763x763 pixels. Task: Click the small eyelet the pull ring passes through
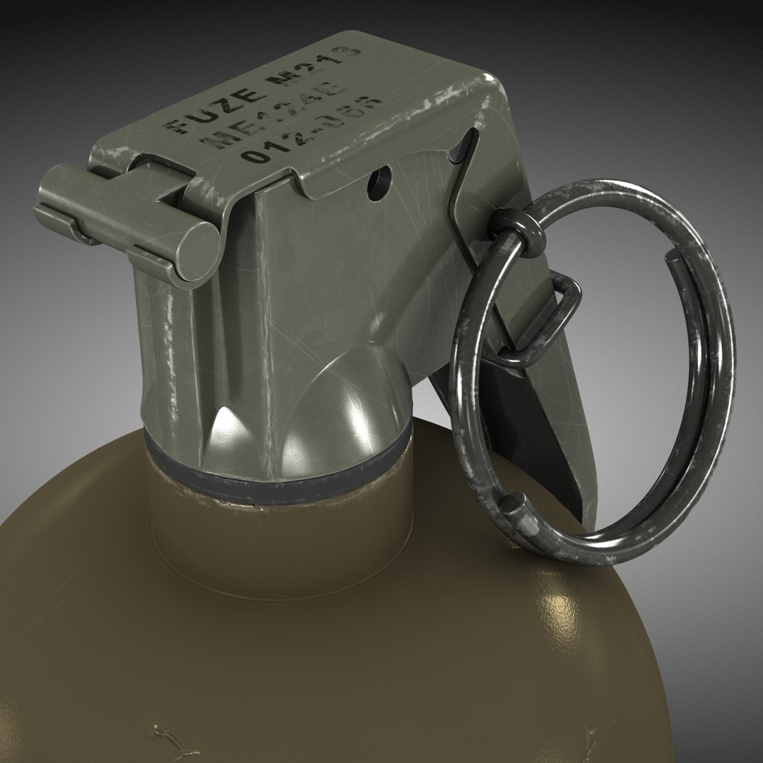click(x=515, y=227)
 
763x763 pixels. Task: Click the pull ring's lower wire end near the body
click(x=513, y=505)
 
